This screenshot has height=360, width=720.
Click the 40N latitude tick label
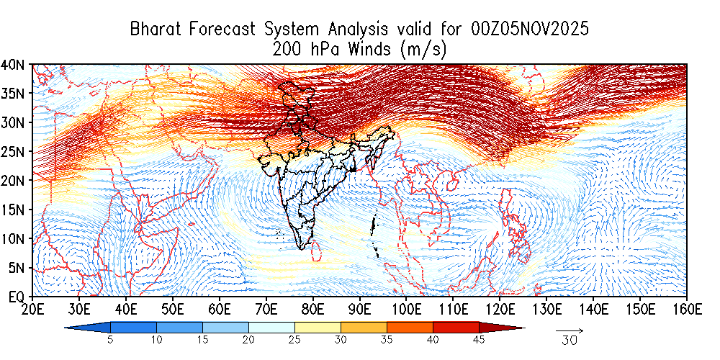pos(15,64)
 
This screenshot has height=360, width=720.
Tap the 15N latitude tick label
pos(15,210)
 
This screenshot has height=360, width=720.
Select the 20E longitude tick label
pos(32,310)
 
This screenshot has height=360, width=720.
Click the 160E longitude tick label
pos(686,310)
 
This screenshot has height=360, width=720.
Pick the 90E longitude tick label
pos(359,310)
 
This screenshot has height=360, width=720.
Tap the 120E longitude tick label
pos(500,310)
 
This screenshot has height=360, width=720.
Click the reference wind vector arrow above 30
pos(570,330)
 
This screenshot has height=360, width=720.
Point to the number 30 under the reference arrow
pos(570,341)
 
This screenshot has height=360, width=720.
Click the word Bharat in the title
pos(156,30)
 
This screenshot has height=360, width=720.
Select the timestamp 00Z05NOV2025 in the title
pos(530,30)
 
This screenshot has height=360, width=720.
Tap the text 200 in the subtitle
pos(287,49)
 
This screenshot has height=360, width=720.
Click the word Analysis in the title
pos(357,30)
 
